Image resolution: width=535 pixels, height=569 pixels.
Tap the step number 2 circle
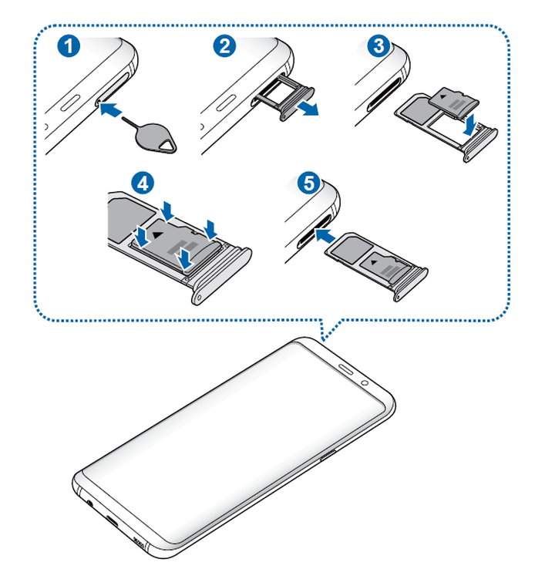(x=224, y=45)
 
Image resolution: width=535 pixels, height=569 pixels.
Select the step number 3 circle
(x=377, y=45)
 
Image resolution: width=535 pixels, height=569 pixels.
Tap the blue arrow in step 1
(x=112, y=111)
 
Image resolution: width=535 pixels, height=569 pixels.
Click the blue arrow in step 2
(x=308, y=110)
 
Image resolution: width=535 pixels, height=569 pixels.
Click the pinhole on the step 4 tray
(x=202, y=294)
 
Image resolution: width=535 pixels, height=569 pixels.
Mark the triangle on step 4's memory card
(x=158, y=232)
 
